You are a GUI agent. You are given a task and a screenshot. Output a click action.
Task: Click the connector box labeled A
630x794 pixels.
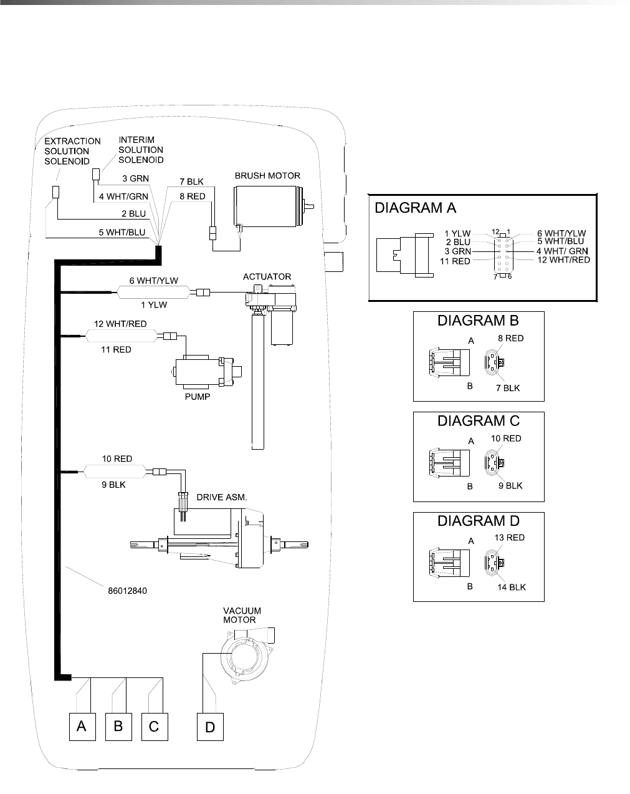[x=82, y=727]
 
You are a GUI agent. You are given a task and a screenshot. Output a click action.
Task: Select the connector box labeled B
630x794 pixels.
[x=118, y=727]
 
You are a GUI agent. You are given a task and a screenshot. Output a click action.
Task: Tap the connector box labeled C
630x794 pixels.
[x=155, y=727]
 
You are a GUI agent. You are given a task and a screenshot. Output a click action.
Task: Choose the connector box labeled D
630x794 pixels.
[x=210, y=727]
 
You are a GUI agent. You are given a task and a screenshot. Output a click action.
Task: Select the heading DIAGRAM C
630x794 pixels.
[x=479, y=421]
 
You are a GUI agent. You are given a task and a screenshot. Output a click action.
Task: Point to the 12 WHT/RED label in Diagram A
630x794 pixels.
[x=563, y=259]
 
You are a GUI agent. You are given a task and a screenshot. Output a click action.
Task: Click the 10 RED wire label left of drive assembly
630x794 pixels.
[x=117, y=458]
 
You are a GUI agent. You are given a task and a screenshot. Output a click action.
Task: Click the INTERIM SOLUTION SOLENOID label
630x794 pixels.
[x=141, y=150]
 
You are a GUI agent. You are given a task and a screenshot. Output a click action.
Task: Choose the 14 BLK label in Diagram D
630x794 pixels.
[x=511, y=587]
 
